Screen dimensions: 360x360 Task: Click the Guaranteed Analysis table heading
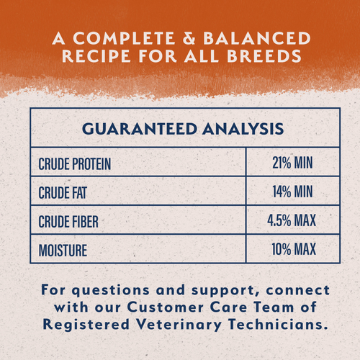[180, 130]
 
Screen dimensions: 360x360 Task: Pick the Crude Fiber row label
[69, 220]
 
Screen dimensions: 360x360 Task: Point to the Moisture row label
[63, 251]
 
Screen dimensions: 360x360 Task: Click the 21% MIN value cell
[291, 164]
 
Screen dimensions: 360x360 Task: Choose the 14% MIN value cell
[291, 192]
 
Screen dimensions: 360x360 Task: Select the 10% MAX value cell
[291, 251]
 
